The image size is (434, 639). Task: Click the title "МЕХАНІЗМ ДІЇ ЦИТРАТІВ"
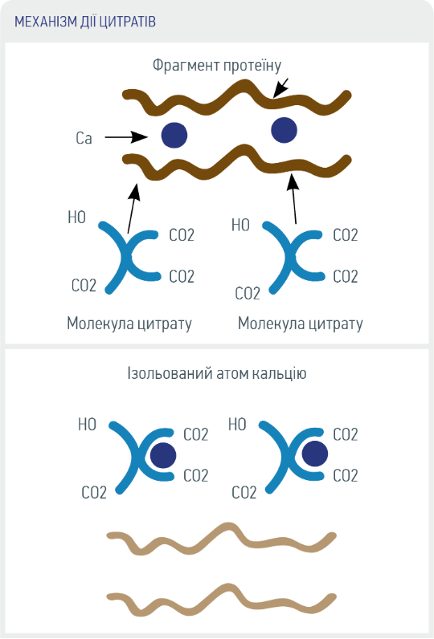(x=85, y=21)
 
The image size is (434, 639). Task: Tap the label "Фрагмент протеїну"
(x=217, y=65)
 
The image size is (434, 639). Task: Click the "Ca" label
(x=84, y=138)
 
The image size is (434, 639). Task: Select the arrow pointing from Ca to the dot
(x=126, y=137)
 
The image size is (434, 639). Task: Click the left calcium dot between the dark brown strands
(x=174, y=135)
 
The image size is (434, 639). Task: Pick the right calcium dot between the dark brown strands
(x=285, y=130)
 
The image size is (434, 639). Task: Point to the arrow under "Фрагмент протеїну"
(x=280, y=88)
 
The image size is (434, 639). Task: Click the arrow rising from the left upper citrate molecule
(x=133, y=208)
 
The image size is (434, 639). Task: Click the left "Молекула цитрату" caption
(x=129, y=324)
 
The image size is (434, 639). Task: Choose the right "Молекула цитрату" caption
(x=301, y=324)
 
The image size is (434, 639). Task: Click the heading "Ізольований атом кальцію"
(x=216, y=373)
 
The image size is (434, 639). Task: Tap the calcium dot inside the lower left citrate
(x=163, y=455)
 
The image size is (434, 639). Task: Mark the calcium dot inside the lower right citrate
(x=315, y=454)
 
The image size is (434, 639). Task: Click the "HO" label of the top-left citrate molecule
(x=76, y=218)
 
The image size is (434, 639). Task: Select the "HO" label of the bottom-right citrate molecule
(x=237, y=425)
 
